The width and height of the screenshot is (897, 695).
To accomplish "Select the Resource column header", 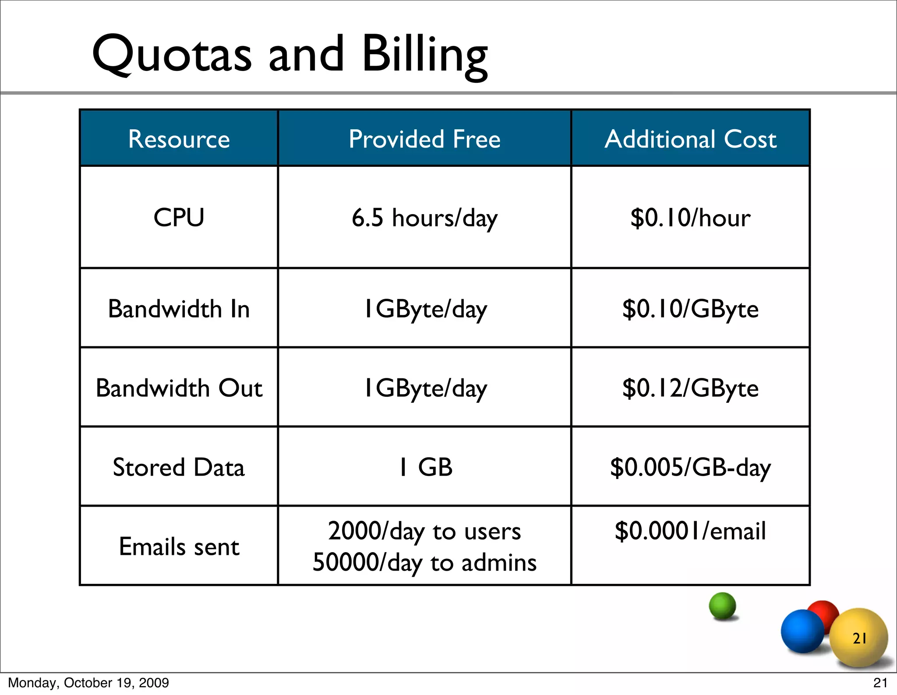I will (x=179, y=139).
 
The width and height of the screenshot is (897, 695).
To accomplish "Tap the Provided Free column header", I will (x=424, y=139).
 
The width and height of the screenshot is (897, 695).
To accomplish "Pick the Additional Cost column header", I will (x=690, y=139).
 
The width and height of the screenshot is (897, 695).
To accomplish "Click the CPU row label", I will (x=179, y=217).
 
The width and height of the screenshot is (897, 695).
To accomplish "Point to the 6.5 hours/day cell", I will (x=424, y=218).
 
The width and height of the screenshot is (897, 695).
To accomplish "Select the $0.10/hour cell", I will (x=690, y=218).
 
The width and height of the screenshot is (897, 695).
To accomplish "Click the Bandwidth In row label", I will (x=179, y=309).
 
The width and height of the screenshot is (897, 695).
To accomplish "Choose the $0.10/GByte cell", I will (x=690, y=309).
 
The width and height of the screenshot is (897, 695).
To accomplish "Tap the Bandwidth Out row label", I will (x=179, y=388).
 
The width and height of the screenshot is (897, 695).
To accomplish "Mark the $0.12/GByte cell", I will (x=690, y=388).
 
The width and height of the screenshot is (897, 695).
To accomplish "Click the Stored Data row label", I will (x=179, y=467).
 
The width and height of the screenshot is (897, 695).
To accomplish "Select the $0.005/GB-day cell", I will (x=690, y=467).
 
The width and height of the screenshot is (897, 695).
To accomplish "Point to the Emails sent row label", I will (x=179, y=547).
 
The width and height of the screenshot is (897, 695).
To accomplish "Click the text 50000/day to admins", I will (x=424, y=562).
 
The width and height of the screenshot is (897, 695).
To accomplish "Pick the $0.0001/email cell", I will (x=690, y=531).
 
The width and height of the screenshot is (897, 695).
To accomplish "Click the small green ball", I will (x=722, y=606).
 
